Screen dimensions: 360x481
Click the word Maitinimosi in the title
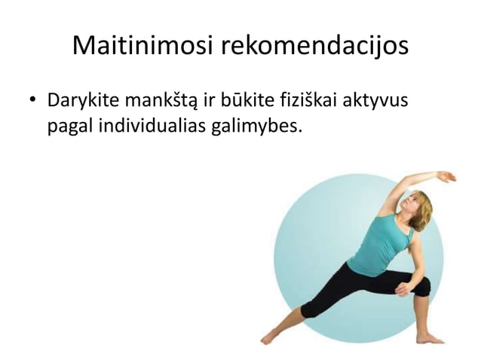(143, 46)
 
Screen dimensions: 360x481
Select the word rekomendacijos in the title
(315, 46)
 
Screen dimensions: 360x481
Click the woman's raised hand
(447, 177)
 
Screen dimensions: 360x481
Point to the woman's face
(413, 203)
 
